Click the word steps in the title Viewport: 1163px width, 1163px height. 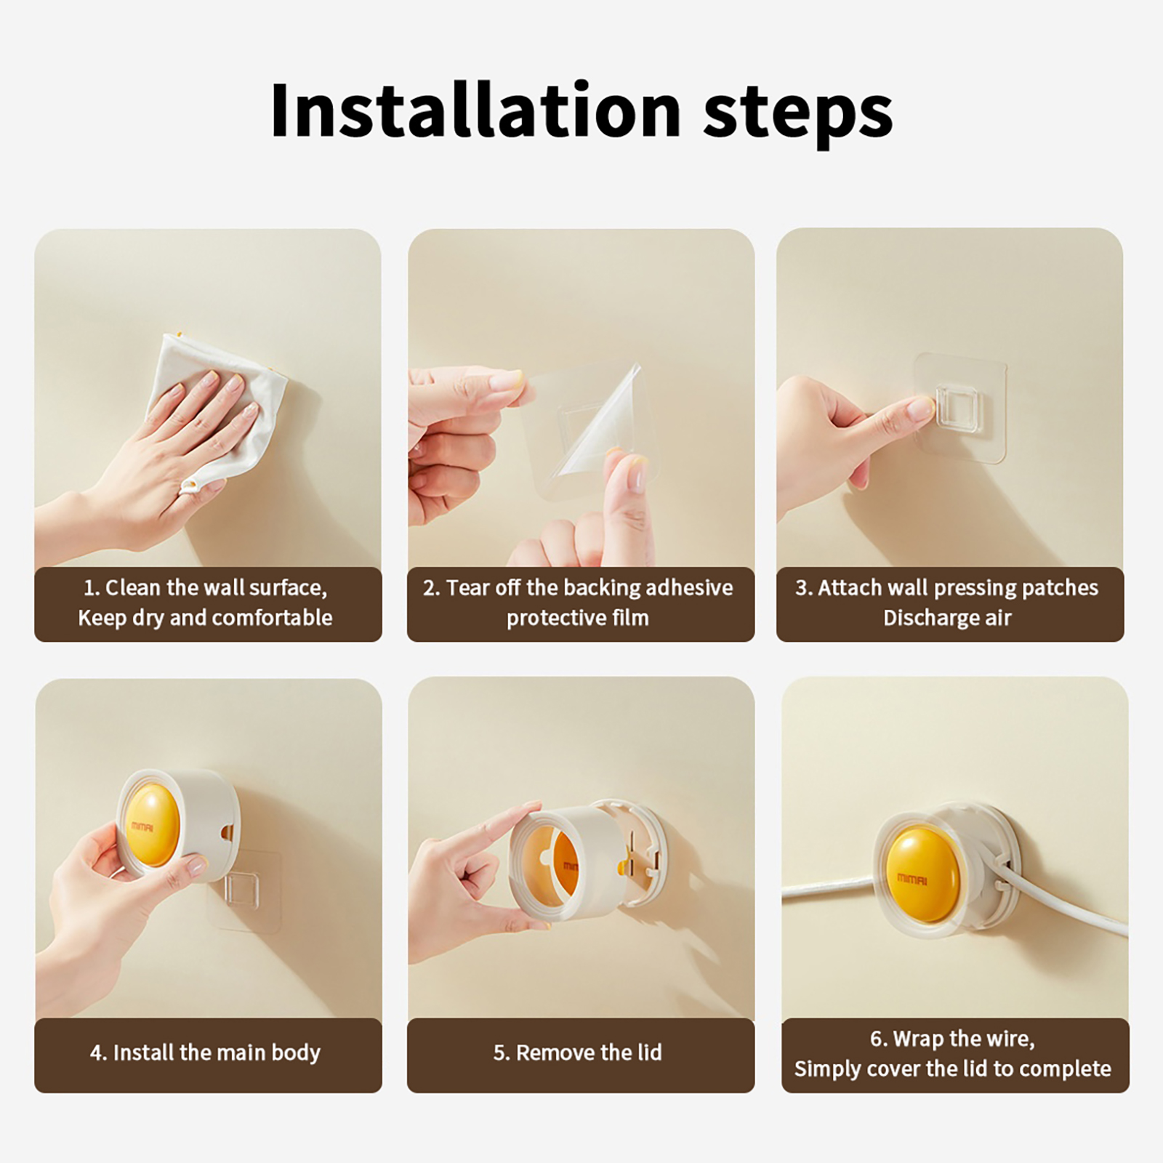tap(798, 116)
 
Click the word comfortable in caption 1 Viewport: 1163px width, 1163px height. tap(272, 618)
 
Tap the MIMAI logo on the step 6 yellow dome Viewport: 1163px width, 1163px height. tap(912, 880)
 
